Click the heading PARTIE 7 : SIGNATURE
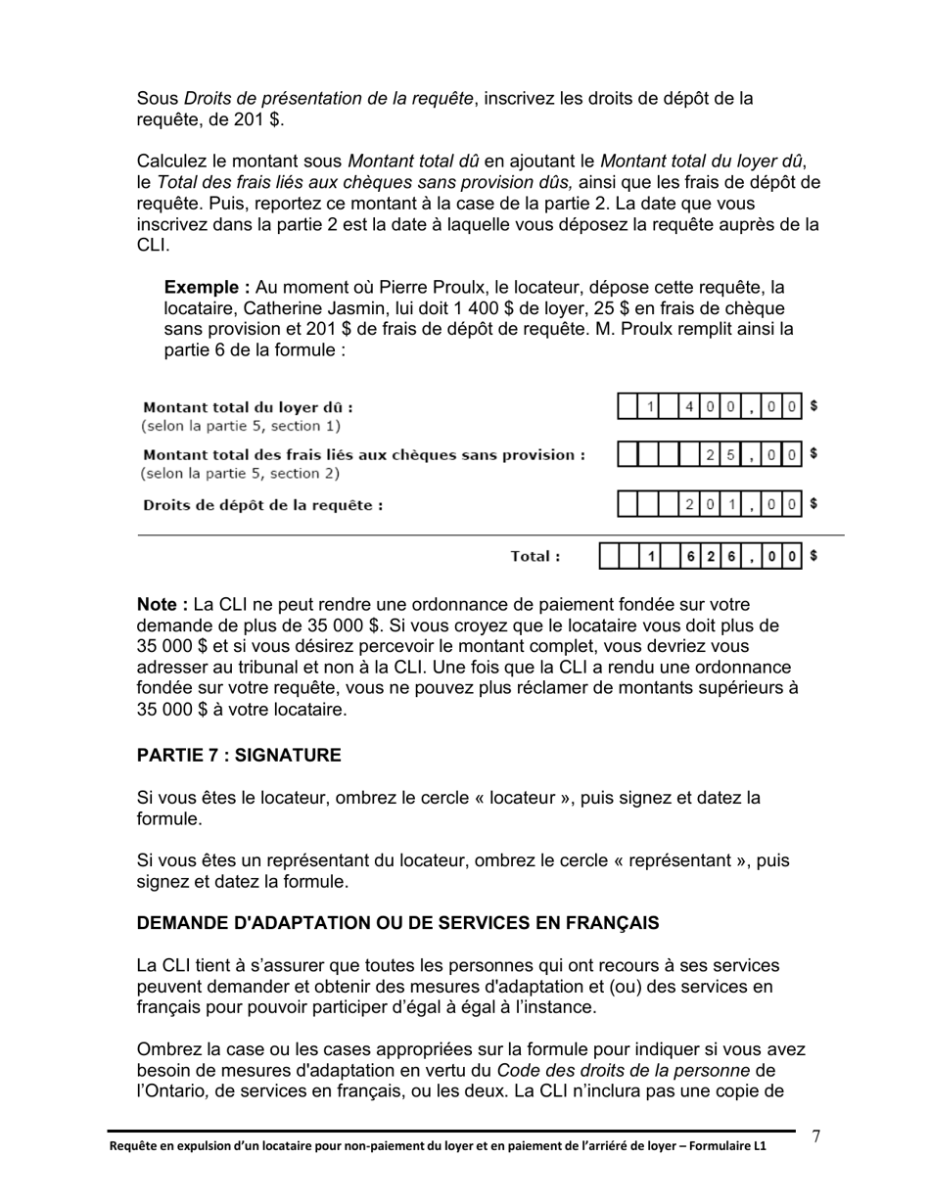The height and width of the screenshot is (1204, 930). click(239, 756)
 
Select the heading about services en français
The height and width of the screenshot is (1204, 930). click(397, 923)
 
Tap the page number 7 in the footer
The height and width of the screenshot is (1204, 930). click(816, 1136)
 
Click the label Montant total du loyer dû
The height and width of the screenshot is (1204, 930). click(248, 407)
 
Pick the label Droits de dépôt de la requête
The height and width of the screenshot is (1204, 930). click(262, 505)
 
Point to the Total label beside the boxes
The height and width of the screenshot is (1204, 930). click(535, 557)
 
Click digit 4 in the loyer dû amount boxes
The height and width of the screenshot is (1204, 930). click(691, 406)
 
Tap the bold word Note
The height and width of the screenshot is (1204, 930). click(162, 605)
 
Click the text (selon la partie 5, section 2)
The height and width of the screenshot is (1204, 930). click(241, 474)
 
